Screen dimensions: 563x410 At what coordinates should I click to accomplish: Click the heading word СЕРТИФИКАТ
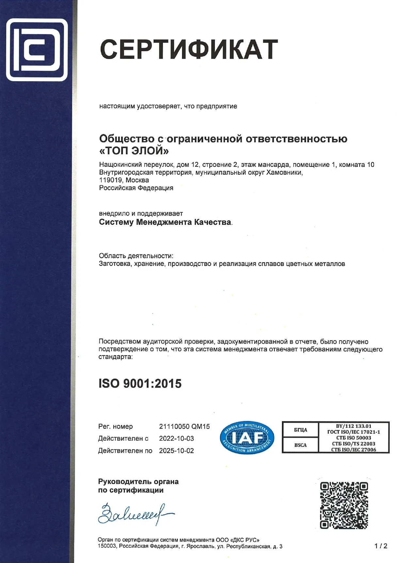189,50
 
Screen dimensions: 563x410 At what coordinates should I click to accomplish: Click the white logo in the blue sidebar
37,50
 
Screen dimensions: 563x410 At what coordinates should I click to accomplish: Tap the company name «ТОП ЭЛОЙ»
134,151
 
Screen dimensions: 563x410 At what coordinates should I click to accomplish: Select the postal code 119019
111,180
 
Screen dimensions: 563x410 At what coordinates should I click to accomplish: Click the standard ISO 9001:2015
140,383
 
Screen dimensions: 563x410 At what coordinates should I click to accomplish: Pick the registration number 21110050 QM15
184,426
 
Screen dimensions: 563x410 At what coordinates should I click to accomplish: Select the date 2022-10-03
176,438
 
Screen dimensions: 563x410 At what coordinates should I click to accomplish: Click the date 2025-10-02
176,451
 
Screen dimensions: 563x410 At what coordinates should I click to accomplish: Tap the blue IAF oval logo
247,437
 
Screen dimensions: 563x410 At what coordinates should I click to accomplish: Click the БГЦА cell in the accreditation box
301,430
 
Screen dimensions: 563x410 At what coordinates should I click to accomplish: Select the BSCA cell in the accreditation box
301,445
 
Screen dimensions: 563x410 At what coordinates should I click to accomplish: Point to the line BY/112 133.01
353,426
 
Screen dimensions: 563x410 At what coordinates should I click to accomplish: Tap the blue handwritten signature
134,515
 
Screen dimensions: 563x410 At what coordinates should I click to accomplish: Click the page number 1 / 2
381,546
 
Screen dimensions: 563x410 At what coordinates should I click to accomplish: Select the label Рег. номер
115,426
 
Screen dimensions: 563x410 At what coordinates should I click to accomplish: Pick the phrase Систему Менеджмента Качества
165,222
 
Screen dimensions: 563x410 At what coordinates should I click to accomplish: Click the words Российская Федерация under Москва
136,188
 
